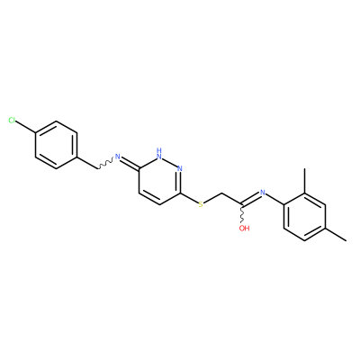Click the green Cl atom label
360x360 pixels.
tap(12, 121)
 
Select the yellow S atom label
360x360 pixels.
tap(201, 204)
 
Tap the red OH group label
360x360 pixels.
tap(244, 228)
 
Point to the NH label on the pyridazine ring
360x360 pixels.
tap(159, 153)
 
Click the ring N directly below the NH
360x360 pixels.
tap(180, 168)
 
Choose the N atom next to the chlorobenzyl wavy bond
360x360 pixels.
tap(117, 157)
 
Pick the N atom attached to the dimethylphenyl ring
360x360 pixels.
tap(263, 193)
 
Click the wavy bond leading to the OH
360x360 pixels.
tap(242, 215)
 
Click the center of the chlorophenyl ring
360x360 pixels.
tap(56, 145)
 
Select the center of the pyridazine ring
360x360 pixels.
tap(159, 181)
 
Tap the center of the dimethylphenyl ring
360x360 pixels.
tap(304, 217)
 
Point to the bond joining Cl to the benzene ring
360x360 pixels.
tap(25, 127)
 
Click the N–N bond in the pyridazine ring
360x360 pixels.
tap(170, 162)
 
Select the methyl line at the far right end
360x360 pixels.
tap(336, 235)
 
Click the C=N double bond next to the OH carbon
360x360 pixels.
tap(251, 199)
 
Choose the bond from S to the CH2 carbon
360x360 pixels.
tap(212, 198)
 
